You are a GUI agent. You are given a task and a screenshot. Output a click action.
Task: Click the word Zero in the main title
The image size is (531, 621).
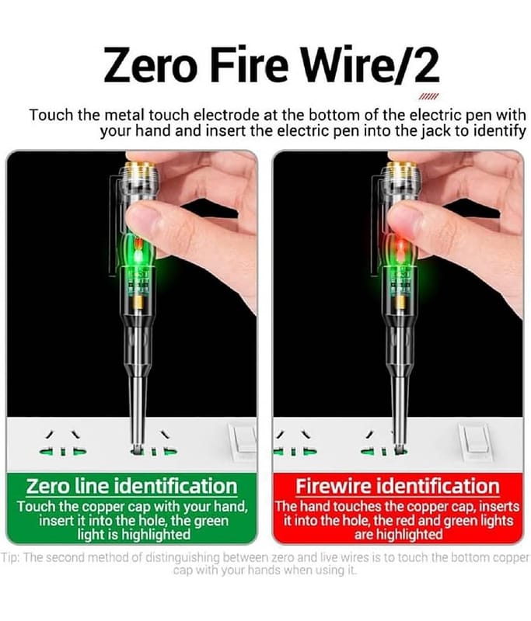point(150,64)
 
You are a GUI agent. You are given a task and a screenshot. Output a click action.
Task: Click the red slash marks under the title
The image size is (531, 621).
point(428,97)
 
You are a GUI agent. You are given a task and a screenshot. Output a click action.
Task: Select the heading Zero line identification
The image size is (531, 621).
point(131,487)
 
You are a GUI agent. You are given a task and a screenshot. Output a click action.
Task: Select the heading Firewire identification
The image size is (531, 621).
point(398,487)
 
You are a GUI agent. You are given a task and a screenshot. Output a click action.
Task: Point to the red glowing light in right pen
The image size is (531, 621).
point(400,248)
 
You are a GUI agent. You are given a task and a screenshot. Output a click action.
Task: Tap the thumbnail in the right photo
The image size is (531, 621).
point(402,215)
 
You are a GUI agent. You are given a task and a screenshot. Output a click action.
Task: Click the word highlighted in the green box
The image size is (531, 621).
point(155,535)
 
